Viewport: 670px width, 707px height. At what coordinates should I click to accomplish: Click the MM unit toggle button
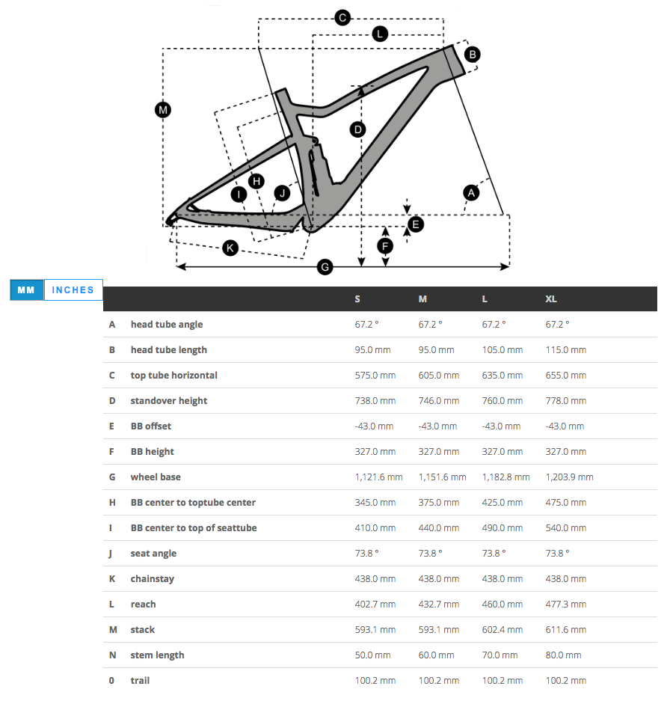[x=27, y=290]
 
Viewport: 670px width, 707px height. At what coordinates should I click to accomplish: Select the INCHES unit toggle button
[x=73, y=290]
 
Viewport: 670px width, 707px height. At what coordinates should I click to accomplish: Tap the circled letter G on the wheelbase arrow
[x=325, y=266]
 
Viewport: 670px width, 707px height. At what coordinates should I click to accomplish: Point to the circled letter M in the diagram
[x=163, y=110]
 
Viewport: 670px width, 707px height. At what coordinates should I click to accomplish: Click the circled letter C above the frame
[x=342, y=18]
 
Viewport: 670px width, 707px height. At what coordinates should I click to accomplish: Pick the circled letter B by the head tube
[x=472, y=54]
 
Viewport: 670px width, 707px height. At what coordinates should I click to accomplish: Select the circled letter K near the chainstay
[x=230, y=248]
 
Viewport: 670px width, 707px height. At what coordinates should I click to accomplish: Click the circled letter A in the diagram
[x=471, y=192]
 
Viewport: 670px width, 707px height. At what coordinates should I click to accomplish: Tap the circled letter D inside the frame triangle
[x=358, y=129]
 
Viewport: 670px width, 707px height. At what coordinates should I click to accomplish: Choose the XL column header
[x=551, y=299]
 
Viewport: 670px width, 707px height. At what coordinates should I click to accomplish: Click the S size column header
[x=357, y=299]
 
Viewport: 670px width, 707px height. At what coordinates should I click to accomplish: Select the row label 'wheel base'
[x=156, y=477]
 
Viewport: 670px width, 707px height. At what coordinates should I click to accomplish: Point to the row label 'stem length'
[x=157, y=655]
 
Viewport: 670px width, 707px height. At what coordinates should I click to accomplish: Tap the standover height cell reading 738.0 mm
[x=375, y=401]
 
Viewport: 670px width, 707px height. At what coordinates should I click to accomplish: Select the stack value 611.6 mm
[x=566, y=630]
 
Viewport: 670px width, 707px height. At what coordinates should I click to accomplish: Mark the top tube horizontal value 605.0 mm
[x=439, y=376]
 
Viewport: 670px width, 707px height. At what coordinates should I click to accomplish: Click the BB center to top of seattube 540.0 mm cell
[x=566, y=528]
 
